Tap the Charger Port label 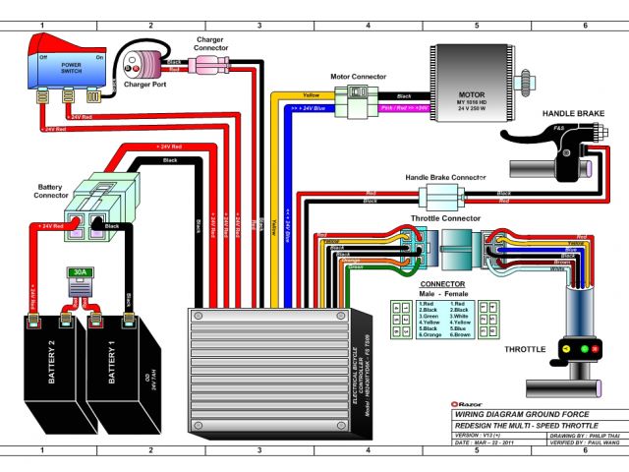pyautogui.click(x=146, y=85)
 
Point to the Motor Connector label pyautogui.click(x=358, y=76)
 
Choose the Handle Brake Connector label pyautogui.click(x=445, y=177)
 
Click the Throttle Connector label pyautogui.click(x=445, y=217)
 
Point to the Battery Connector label pyautogui.click(x=50, y=189)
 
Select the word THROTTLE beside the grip pyautogui.click(x=526, y=350)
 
